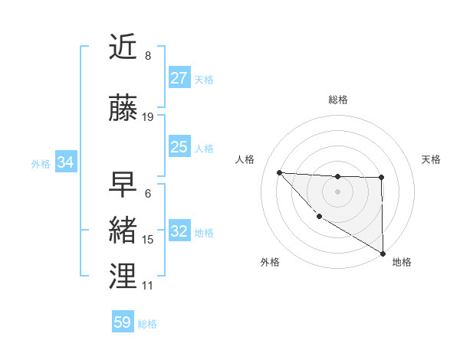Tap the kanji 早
[x=124, y=184]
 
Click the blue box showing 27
[x=179, y=78]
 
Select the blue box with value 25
[x=179, y=147]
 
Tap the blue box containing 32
[x=179, y=231]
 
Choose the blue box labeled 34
[x=66, y=162]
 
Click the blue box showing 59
[x=123, y=322]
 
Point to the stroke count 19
[x=148, y=117]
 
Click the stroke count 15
[x=148, y=240]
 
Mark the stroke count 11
[x=148, y=286]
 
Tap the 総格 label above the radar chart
[x=338, y=100]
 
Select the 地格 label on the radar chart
[x=402, y=262]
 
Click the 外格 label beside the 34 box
[x=41, y=163]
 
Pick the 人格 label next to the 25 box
[x=204, y=148]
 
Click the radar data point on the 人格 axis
[x=279, y=172]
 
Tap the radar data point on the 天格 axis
[x=381, y=178]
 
